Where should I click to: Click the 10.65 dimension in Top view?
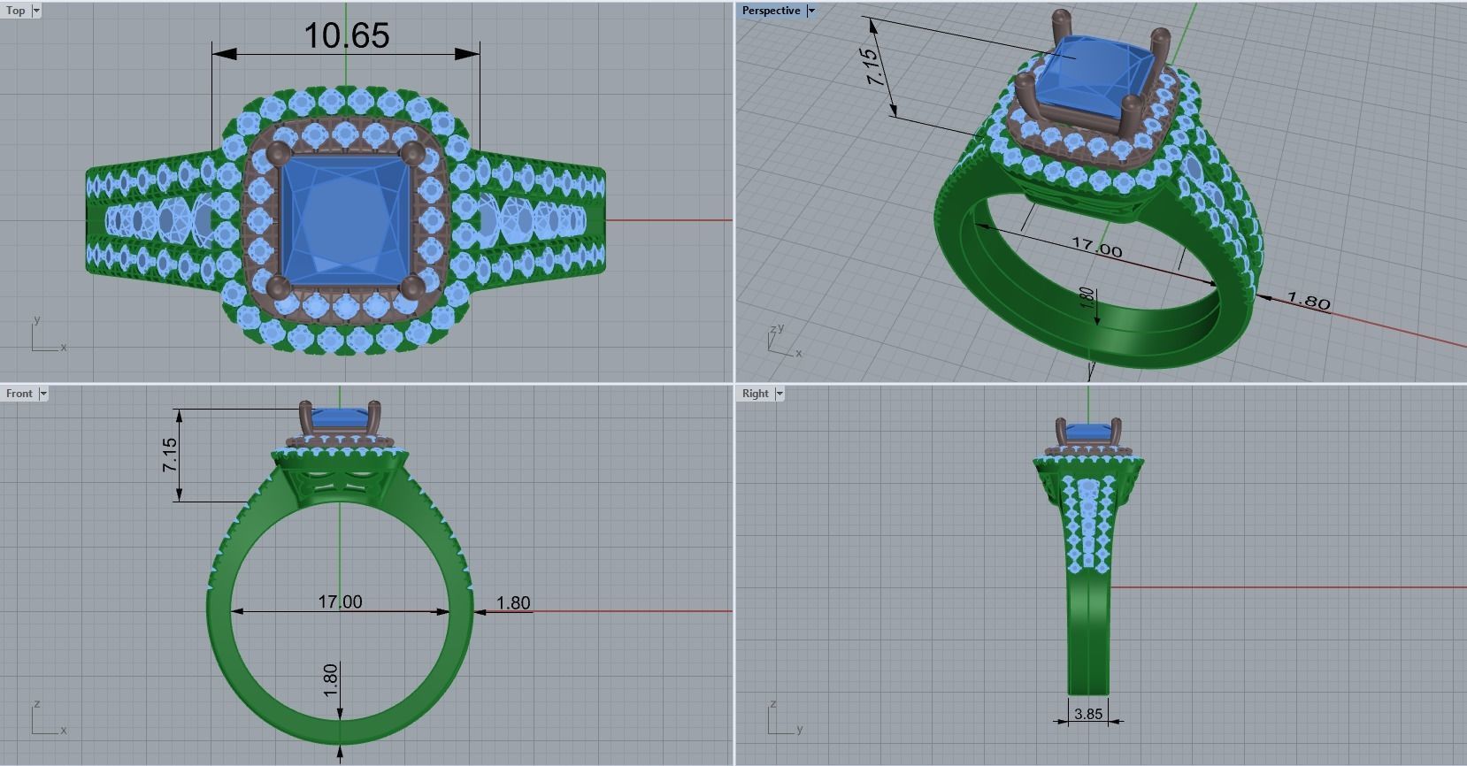tap(346, 36)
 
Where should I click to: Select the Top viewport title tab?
tap(16, 11)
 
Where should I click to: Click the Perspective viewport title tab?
tap(771, 11)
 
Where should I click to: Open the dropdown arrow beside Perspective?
tap(811, 11)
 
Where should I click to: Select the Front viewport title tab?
tap(19, 394)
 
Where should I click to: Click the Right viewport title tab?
tap(755, 394)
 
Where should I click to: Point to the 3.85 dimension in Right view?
tap(1087, 713)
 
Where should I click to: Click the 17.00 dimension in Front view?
tap(340, 601)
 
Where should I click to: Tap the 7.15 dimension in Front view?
tap(170, 455)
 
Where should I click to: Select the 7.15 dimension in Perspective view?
tap(872, 66)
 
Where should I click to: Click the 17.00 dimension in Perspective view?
tap(1096, 247)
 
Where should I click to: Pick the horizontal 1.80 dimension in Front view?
tap(513, 602)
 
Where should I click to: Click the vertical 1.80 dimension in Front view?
tap(331, 680)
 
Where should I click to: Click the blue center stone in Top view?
tap(345, 218)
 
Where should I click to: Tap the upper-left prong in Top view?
tap(275, 152)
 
